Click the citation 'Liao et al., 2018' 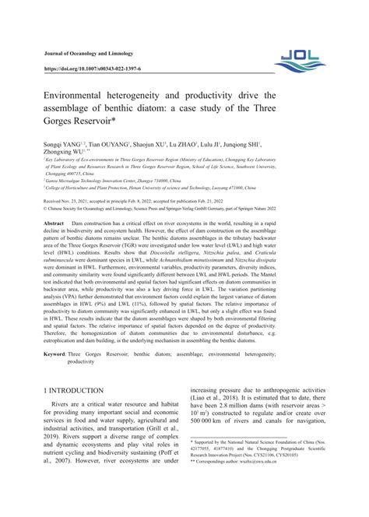pos(220,465)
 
